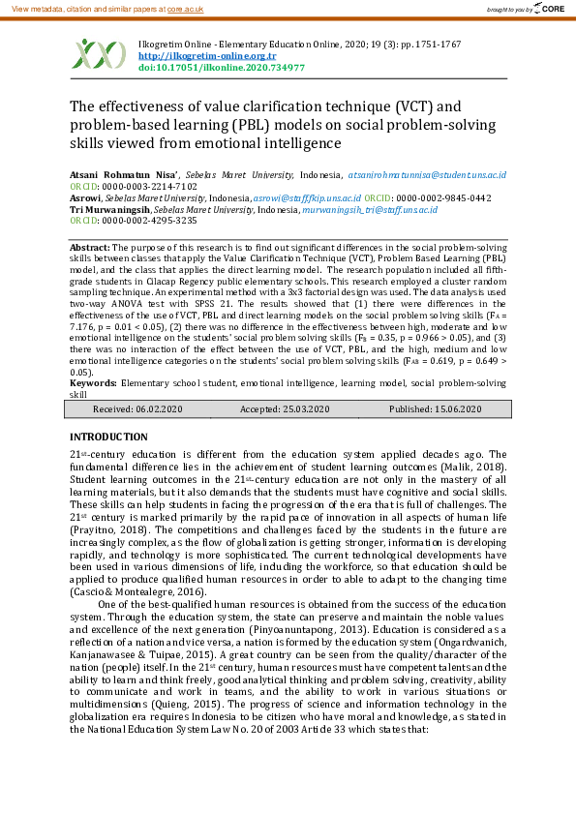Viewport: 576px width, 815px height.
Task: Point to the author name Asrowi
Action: point(86,197)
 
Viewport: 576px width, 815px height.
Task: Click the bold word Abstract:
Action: point(90,249)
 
